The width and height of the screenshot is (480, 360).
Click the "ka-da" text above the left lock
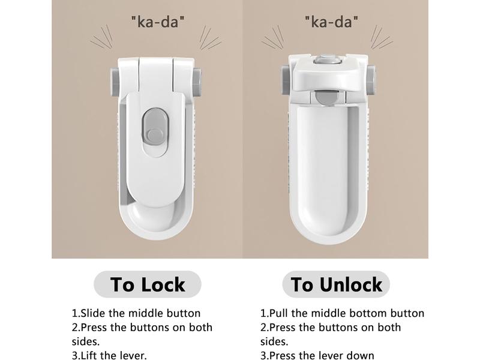pos(158,22)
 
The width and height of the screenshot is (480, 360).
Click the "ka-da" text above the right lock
pos(331,22)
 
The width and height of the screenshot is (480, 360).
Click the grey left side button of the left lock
pos(115,82)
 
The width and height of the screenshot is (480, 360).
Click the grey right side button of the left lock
pos(197,82)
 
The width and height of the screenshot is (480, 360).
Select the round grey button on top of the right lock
pos(327,59)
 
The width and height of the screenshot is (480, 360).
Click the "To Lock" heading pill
pos(148,284)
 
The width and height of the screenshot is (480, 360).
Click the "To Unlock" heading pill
pos(336,284)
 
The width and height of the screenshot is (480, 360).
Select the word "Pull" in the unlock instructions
pos(278,313)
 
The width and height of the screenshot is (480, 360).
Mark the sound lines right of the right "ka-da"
pos(382,37)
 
